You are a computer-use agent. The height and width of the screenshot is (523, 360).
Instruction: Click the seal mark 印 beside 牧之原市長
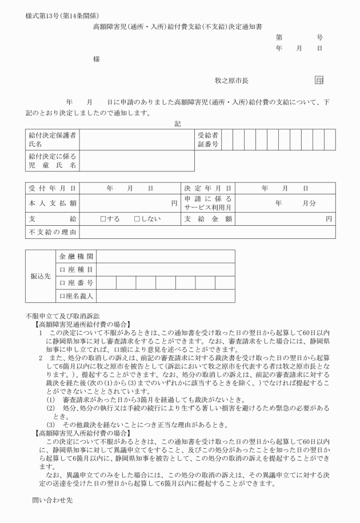319,81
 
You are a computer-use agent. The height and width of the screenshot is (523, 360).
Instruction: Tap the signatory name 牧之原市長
231,81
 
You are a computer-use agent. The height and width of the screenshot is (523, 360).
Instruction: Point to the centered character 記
178,122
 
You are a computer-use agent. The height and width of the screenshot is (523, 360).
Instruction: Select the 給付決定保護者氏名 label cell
53,139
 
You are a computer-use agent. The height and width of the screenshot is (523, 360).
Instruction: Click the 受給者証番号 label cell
208,139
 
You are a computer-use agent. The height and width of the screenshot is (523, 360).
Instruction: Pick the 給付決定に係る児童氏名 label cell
53,161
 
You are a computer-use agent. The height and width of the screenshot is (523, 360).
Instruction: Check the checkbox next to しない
137,218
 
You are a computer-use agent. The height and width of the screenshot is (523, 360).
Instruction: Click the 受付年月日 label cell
53,188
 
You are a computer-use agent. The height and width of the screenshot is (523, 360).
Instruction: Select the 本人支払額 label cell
53,203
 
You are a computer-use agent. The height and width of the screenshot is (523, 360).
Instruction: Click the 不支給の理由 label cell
53,233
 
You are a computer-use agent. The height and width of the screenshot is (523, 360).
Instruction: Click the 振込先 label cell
41,276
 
